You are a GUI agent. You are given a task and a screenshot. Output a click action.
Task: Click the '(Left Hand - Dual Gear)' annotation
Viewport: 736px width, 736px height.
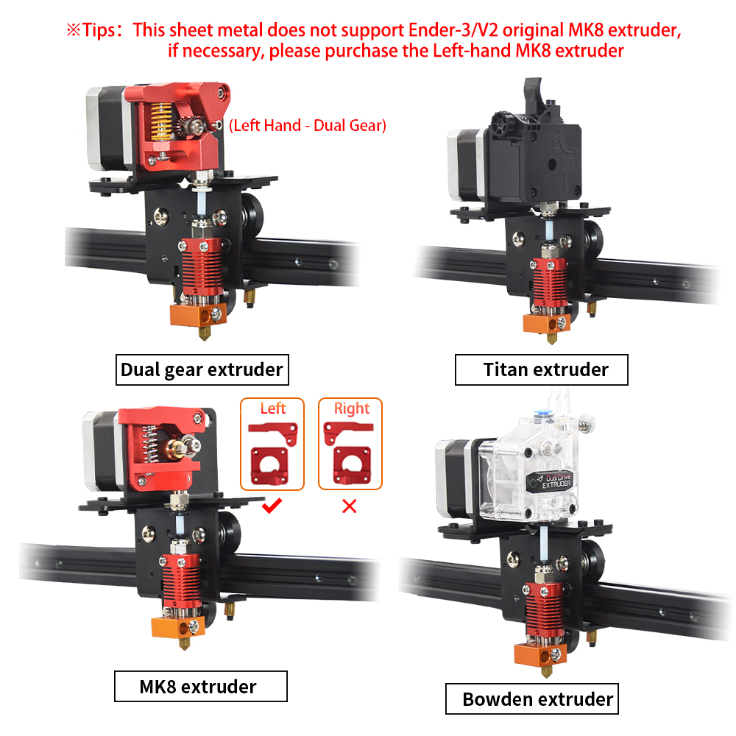pos(308,125)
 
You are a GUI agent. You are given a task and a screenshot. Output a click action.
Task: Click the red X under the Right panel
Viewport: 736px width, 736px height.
pos(349,506)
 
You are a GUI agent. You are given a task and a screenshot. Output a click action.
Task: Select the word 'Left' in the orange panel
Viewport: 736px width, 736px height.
pos(273,408)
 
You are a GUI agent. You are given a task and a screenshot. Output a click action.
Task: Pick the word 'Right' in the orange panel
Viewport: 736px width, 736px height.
pos(352,408)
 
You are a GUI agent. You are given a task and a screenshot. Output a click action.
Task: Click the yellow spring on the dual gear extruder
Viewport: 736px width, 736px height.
pos(160,122)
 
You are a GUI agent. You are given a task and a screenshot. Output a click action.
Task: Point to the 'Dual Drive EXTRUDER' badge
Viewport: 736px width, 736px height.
pos(550,482)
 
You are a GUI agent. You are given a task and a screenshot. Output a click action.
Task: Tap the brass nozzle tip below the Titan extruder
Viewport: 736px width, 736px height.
pos(552,339)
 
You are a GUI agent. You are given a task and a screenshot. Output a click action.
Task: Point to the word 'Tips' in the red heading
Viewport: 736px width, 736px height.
pos(99,30)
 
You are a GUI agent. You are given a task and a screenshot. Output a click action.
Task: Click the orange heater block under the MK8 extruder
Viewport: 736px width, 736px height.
pos(178,627)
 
